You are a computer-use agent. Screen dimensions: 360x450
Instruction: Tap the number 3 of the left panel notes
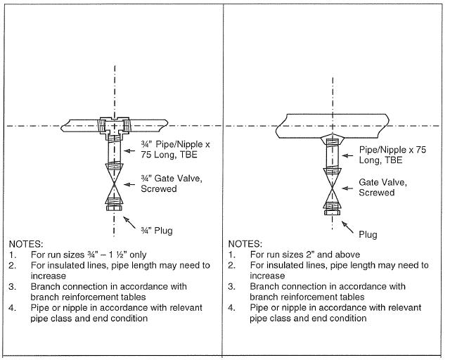pyautogui.click(x=12, y=287)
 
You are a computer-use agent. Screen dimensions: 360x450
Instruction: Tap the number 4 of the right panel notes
pyautogui.click(x=231, y=308)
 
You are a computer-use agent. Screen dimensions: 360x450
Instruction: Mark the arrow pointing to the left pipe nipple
pyautogui.click(x=130, y=150)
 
